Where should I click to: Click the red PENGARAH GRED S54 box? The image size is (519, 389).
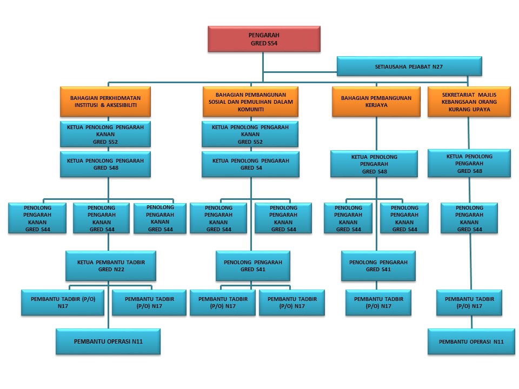point(264,39)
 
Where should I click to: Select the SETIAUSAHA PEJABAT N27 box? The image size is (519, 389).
point(409,67)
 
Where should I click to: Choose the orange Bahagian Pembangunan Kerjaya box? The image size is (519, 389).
point(376,102)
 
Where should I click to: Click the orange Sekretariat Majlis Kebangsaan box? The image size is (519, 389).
point(469,102)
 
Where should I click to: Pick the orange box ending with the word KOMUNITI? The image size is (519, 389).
point(250,102)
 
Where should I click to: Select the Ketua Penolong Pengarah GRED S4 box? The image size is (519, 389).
point(250,164)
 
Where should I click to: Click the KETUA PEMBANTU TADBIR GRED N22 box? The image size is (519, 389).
point(111,265)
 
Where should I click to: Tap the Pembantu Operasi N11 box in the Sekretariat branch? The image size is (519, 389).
point(471,341)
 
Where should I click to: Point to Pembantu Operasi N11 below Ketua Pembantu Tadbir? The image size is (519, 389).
point(108,341)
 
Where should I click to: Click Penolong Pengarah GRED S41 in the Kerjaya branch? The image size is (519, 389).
point(378,265)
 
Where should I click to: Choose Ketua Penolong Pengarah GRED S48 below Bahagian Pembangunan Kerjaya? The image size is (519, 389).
point(374,164)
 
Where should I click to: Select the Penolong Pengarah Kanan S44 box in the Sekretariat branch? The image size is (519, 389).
point(469,218)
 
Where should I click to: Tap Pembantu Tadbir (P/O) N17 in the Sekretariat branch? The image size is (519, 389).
point(469,303)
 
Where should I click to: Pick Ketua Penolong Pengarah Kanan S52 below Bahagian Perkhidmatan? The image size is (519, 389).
point(105,134)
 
